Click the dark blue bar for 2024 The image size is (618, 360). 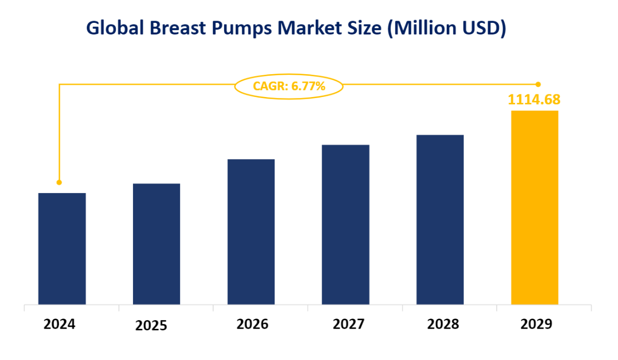(62, 249)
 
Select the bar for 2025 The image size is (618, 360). (156, 244)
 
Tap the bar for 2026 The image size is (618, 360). (251, 232)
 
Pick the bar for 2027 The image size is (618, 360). (346, 224)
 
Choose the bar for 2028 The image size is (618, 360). (440, 219)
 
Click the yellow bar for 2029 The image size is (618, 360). (534, 207)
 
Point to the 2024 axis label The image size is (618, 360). (59, 324)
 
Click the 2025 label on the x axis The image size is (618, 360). (151, 326)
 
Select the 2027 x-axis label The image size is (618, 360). (348, 324)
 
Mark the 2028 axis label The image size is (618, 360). (443, 324)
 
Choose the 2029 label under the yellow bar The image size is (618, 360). (536, 324)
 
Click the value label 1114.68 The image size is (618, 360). (534, 99)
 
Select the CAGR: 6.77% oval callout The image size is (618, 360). (289, 86)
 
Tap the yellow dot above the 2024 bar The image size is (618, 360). (59, 182)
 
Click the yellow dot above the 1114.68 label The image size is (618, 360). (538, 84)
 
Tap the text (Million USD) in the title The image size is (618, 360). (447, 28)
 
